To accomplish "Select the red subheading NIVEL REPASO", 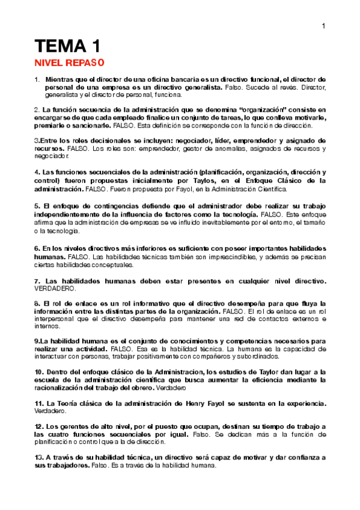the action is coord(69,63).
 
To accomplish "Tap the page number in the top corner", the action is coord(323,26).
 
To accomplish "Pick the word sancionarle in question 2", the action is coord(91,126).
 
